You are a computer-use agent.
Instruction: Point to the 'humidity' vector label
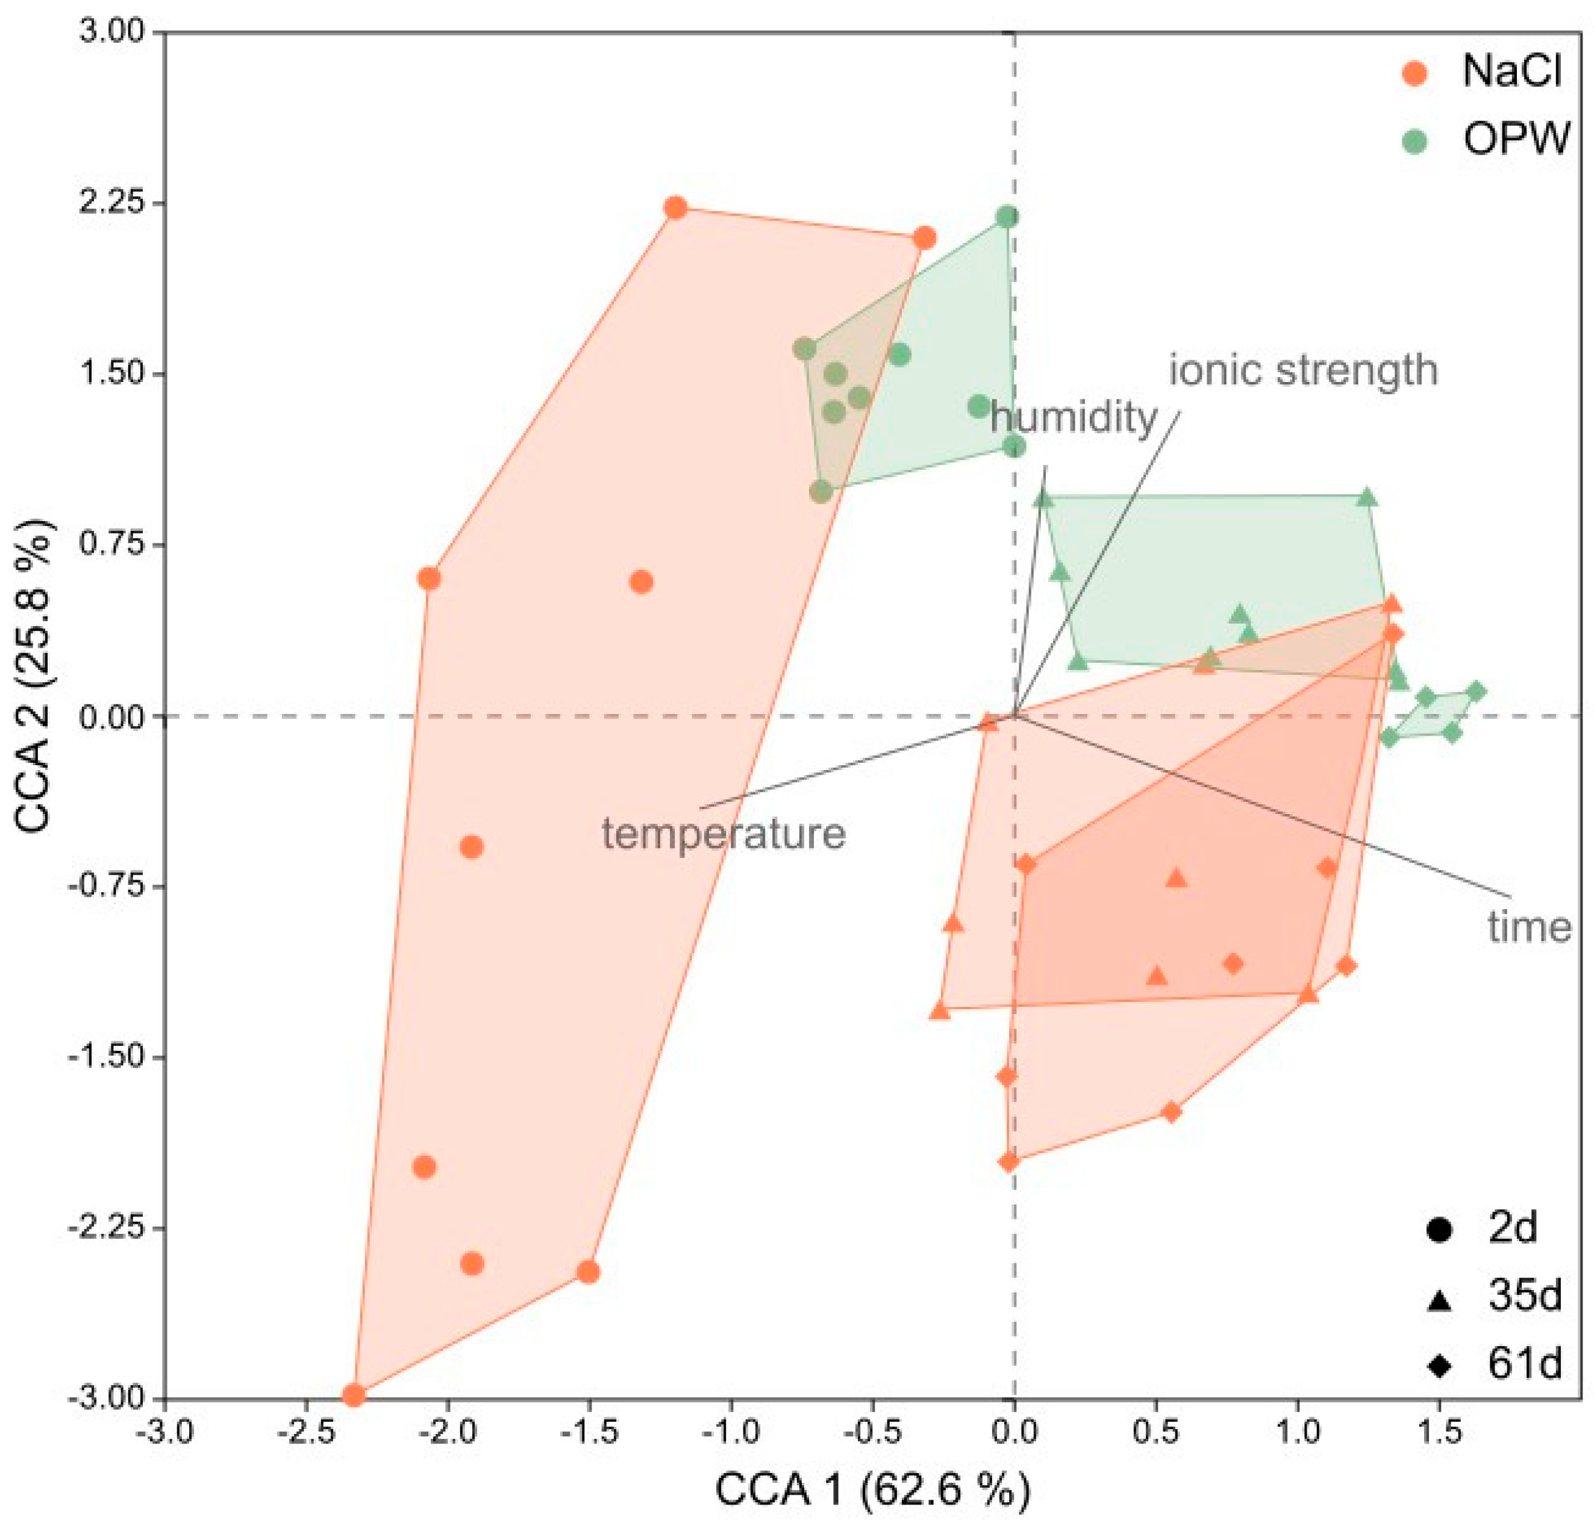tap(1074, 418)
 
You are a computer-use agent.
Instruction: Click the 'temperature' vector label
tap(724, 834)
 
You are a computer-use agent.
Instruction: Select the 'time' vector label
tap(1529, 927)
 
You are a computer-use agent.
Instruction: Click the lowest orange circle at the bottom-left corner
tap(353, 1396)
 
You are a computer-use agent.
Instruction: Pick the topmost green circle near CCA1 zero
tap(1008, 216)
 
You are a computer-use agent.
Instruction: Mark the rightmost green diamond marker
tap(1476, 692)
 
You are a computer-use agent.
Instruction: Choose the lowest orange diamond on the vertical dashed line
tap(1008, 1162)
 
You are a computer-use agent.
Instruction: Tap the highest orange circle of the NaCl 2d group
tap(675, 208)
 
